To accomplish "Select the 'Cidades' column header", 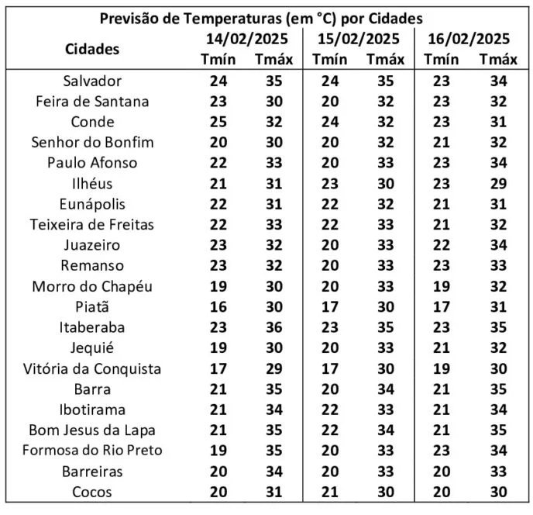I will [x=92, y=48].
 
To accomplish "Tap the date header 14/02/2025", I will [x=246, y=39].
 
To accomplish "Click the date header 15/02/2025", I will [x=358, y=39].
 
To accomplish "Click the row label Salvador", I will [x=92, y=81].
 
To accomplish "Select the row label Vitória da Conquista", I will [x=92, y=368].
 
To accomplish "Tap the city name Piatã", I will [x=92, y=306].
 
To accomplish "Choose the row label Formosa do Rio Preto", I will [x=92, y=451].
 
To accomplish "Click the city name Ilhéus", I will [x=92, y=184].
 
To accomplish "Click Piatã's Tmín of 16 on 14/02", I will [x=218, y=306].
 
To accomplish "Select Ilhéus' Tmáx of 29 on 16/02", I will [x=497, y=184].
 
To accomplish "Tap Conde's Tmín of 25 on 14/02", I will [x=218, y=122].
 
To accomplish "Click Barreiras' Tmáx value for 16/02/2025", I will [x=497, y=471].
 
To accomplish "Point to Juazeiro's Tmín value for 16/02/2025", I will [x=441, y=245].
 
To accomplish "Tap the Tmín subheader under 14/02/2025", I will [x=218, y=59].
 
